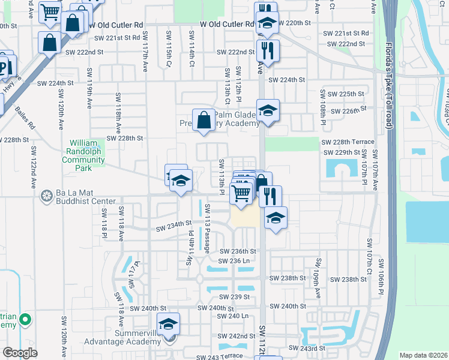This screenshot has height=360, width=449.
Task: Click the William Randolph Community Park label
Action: (88, 152)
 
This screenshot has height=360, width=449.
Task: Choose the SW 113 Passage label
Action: (207, 228)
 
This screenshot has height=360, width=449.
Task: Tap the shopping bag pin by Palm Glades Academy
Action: (203, 119)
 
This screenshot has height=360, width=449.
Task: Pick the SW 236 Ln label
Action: (235, 260)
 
